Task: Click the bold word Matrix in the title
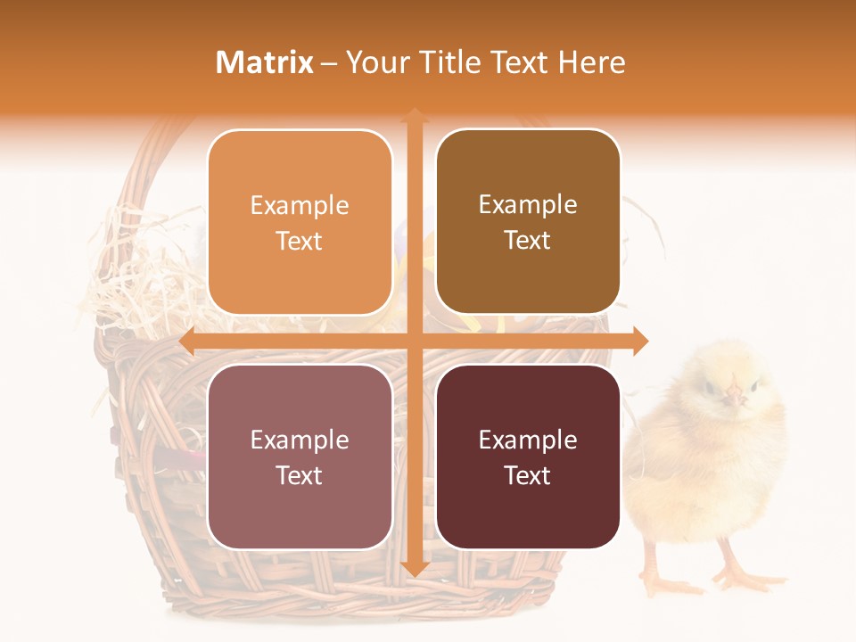265,62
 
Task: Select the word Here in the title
592,62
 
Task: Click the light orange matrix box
300,222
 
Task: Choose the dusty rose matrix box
300,457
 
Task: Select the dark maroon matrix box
528,457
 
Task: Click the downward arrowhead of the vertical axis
414,567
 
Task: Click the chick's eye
711,386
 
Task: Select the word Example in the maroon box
528,440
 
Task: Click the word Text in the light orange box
300,241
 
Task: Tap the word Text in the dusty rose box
300,475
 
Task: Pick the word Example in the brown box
528,204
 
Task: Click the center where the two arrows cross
414,342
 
